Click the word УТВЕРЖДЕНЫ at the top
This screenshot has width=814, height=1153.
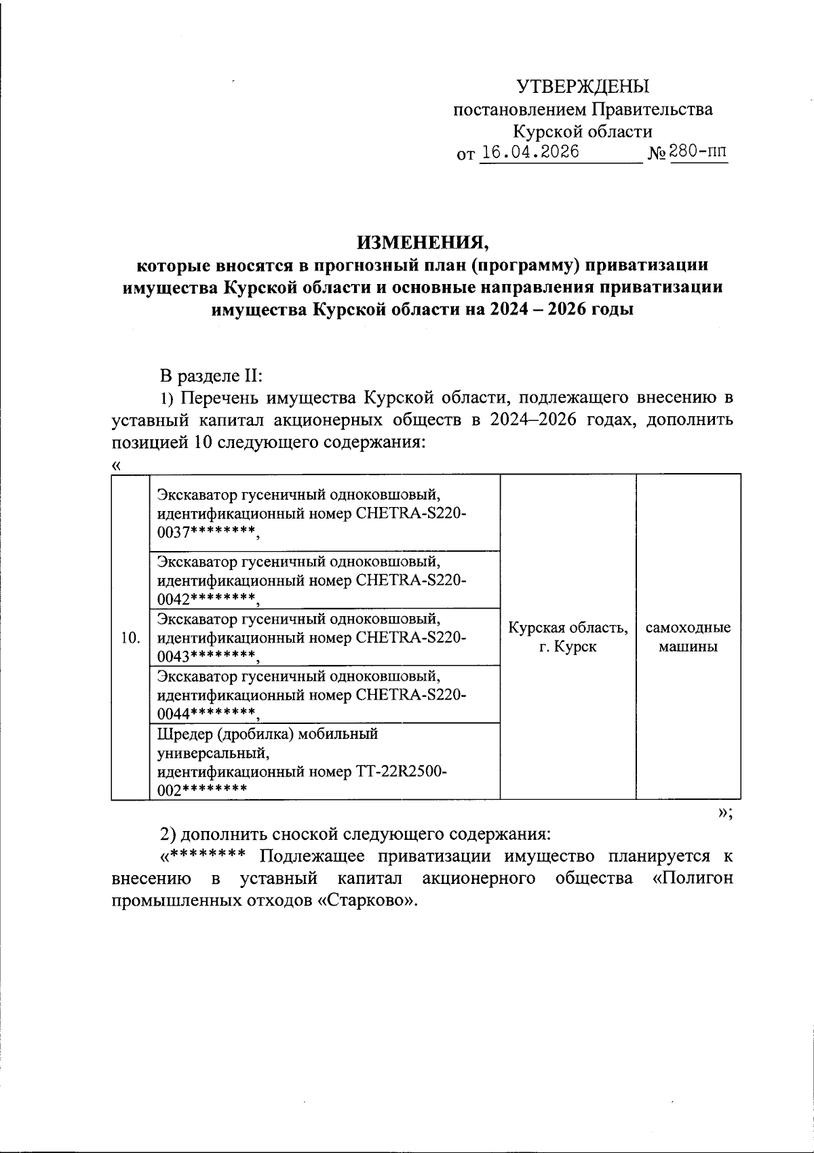tap(583, 86)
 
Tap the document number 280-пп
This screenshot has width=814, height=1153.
tap(697, 153)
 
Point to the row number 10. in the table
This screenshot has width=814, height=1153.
tap(130, 638)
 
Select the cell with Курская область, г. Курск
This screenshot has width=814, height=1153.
tap(568, 637)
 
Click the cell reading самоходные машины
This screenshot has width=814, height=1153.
tap(688, 637)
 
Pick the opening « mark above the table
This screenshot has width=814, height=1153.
tap(116, 466)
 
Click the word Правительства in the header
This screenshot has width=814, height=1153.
tap(653, 109)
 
